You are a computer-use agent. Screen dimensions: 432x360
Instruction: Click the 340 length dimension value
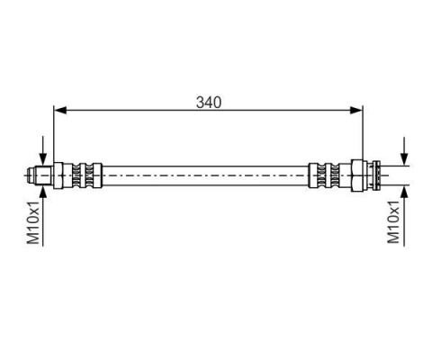tap(209, 102)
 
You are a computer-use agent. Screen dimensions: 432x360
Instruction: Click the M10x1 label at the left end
tap(33, 222)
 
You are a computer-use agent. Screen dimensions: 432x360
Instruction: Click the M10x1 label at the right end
tap(393, 222)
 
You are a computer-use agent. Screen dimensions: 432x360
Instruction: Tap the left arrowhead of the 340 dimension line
tap(60, 111)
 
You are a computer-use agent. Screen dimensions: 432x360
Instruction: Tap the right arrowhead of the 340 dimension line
tap(356, 111)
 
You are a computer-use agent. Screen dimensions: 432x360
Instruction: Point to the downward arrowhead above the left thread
tap(43, 158)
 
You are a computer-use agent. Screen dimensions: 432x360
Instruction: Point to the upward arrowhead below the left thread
tap(43, 192)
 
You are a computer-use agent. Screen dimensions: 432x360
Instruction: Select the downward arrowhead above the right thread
tap(405, 158)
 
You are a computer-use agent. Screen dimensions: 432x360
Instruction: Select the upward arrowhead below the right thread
tap(405, 192)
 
